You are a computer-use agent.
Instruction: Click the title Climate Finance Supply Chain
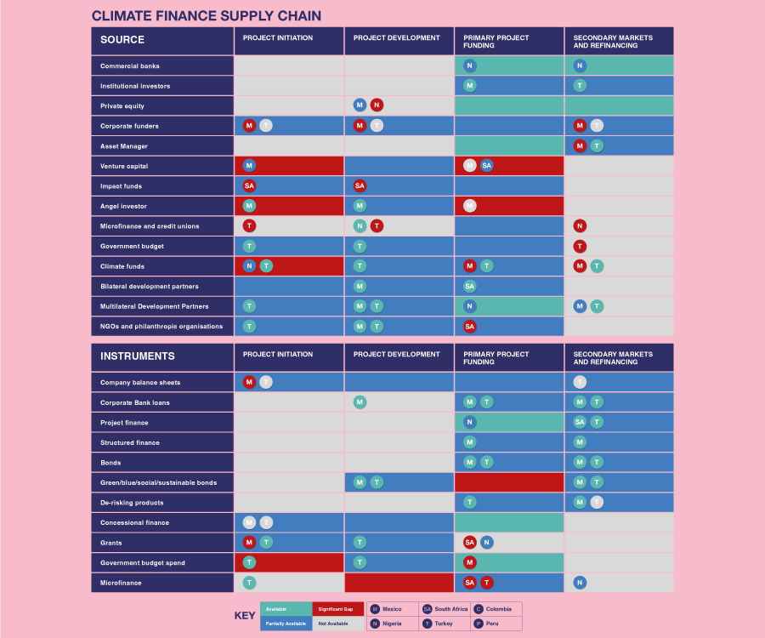[x=207, y=16]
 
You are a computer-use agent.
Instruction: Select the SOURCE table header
[x=122, y=40]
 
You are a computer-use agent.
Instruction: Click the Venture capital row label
[x=124, y=166]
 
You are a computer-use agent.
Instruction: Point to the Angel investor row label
[x=123, y=206]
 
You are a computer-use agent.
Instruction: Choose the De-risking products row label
[x=132, y=503]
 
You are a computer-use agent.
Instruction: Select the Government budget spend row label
[x=142, y=562]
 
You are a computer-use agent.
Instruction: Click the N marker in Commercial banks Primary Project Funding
[x=470, y=66]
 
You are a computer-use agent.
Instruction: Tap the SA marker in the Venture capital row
[x=486, y=166]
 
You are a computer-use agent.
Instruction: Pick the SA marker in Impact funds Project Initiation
[x=249, y=185]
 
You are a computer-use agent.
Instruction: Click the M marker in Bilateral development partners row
[x=360, y=286]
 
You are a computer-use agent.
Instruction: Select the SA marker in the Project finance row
[x=580, y=422]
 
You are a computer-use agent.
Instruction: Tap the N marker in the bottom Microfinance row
[x=580, y=583]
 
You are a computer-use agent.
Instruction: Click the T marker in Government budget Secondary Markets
[x=580, y=246]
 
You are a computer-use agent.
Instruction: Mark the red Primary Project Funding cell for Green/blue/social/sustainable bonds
[x=509, y=482]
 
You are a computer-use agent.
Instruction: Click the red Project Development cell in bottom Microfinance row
[x=399, y=583]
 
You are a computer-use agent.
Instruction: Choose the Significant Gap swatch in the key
[x=337, y=609]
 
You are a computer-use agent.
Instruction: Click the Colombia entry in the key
[x=496, y=609]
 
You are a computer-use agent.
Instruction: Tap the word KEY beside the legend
[x=245, y=616]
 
